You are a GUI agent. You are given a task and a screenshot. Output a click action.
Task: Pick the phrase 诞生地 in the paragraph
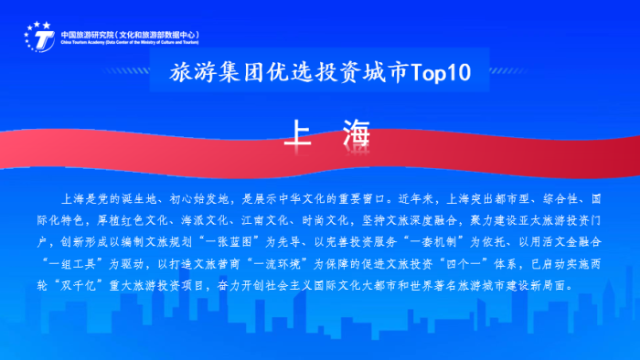(x=134, y=196)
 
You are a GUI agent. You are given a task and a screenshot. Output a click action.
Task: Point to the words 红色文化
(x=147, y=219)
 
